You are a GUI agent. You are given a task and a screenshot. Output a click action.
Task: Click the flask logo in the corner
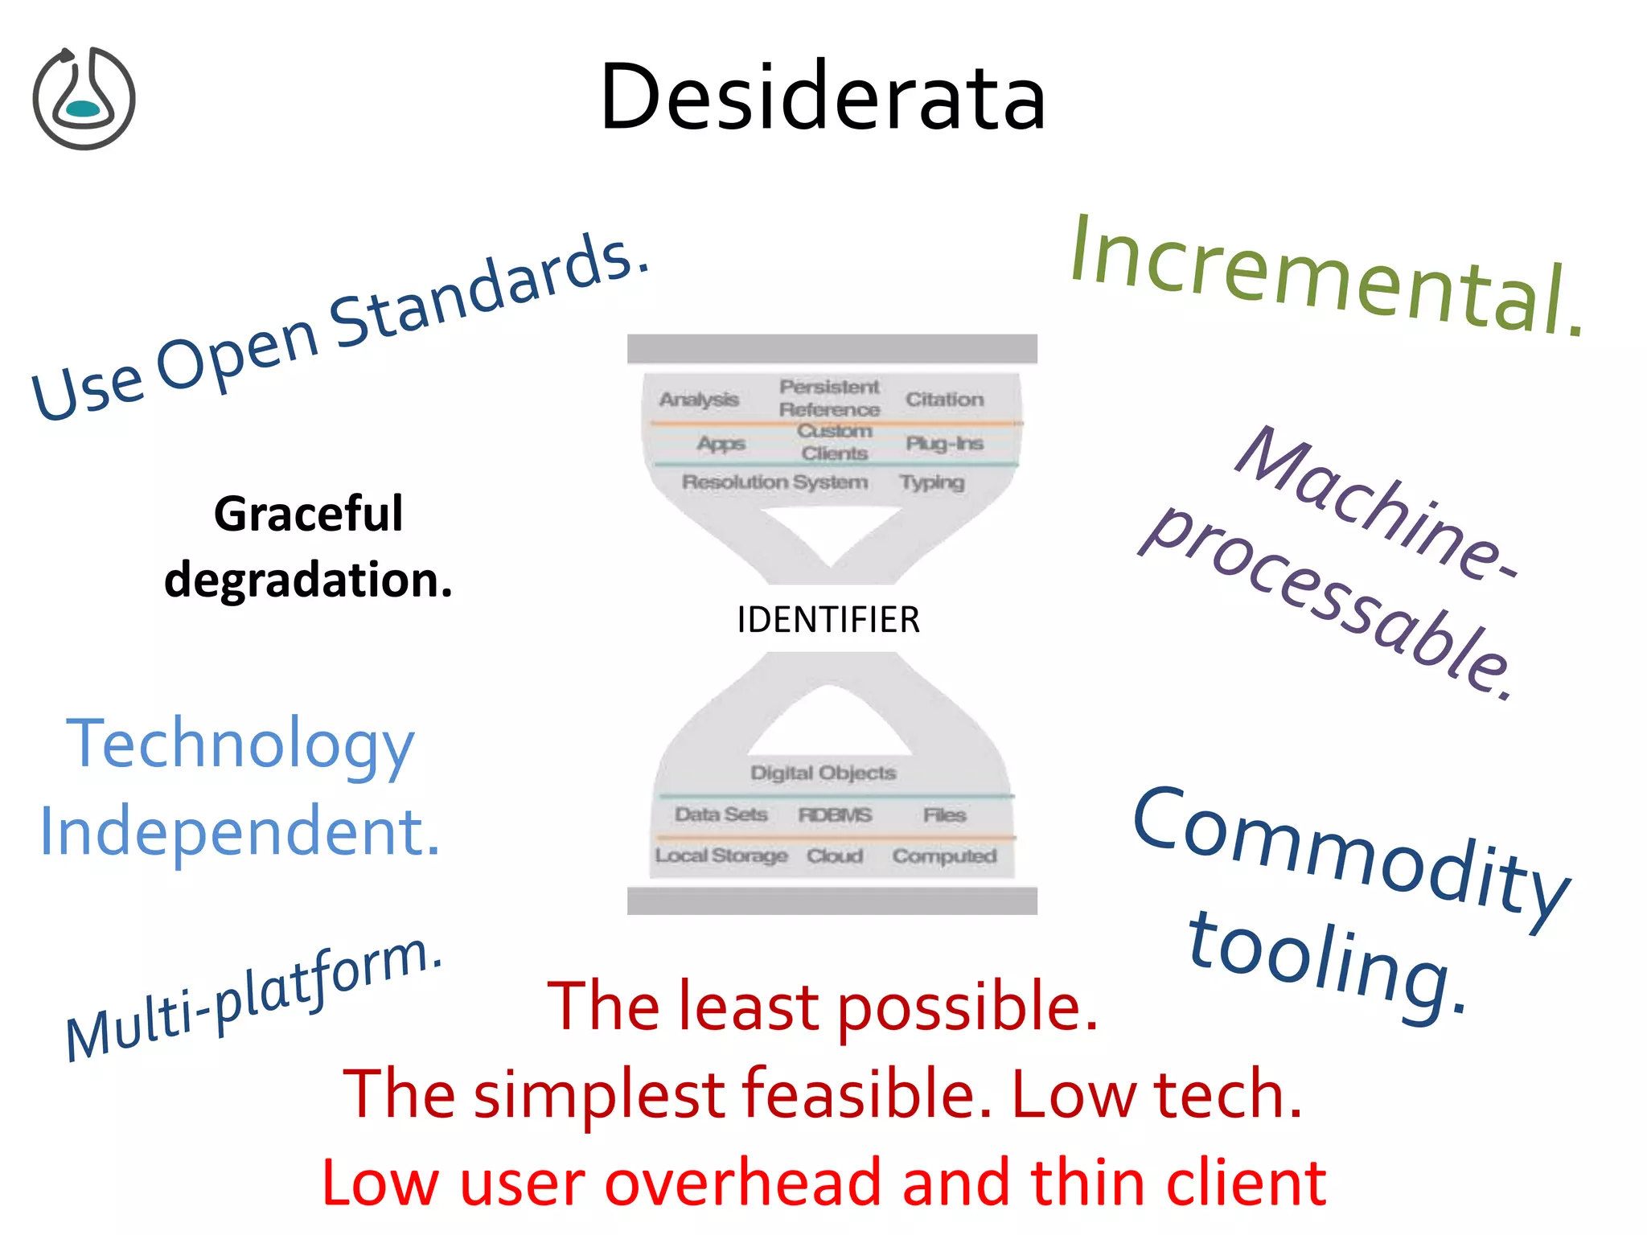pyautogui.click(x=84, y=98)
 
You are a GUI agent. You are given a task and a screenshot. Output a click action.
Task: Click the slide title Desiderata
pyautogui.click(x=823, y=96)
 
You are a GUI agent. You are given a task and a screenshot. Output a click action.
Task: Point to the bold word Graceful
pyautogui.click(x=308, y=514)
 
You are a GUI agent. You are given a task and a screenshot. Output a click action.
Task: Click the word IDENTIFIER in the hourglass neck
pyautogui.click(x=828, y=620)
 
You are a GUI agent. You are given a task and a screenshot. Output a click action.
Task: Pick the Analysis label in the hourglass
pyautogui.click(x=699, y=400)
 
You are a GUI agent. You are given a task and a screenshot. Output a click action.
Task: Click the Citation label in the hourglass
pyautogui.click(x=944, y=400)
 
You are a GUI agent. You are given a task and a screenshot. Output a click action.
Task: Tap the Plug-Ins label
pyautogui.click(x=944, y=444)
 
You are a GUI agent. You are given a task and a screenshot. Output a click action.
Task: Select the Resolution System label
pyautogui.click(x=774, y=482)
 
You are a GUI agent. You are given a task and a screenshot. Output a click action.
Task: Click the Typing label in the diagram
pyautogui.click(x=931, y=482)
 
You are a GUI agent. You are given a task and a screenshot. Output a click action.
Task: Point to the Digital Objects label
pyautogui.click(x=823, y=773)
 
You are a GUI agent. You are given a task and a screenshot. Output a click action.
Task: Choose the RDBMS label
pyautogui.click(x=835, y=815)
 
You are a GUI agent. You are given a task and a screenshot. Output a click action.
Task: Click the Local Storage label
pyautogui.click(x=721, y=855)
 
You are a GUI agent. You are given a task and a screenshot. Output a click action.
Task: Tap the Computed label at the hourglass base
pyautogui.click(x=944, y=856)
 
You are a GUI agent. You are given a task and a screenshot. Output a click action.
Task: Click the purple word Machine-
pyautogui.click(x=1375, y=503)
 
